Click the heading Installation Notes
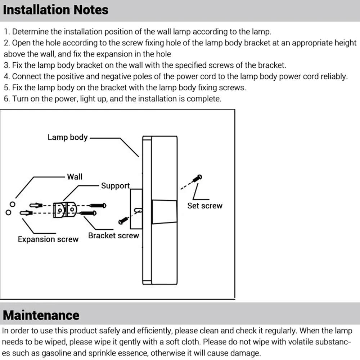[55, 10]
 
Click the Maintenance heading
[41, 315]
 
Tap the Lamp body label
[68, 137]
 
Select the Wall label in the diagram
[75, 176]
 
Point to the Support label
[115, 186]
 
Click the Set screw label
[204, 206]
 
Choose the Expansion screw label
[48, 239]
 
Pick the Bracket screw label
[113, 236]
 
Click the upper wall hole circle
[13, 204]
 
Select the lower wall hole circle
[8, 212]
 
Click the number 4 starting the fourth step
[6, 76]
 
